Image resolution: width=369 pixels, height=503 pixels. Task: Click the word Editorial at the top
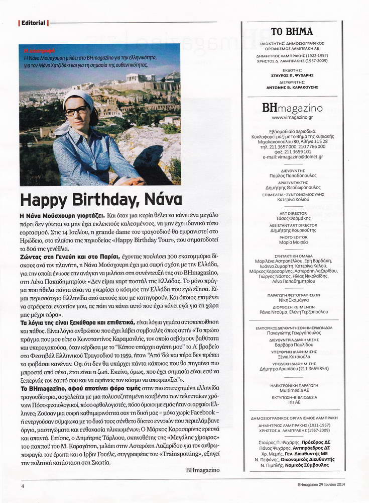[33, 23]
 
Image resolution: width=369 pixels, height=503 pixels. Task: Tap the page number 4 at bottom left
[23, 486]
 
